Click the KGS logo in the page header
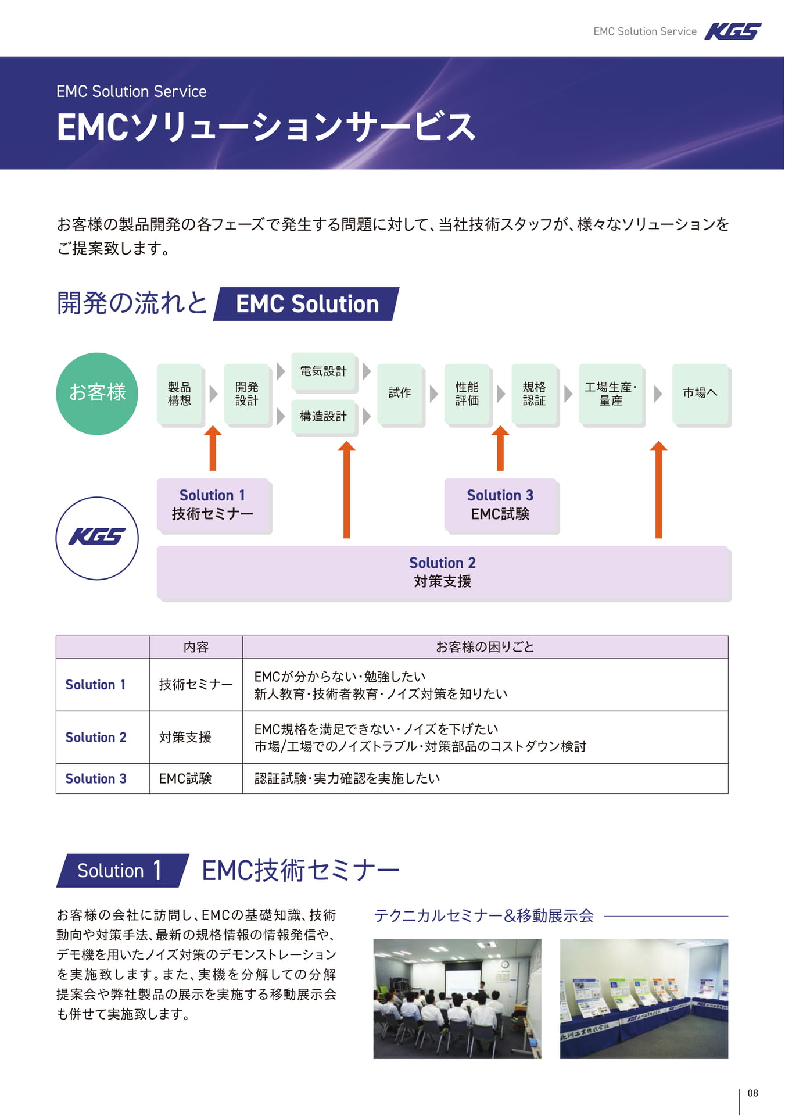pos(733,31)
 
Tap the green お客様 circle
pos(97,394)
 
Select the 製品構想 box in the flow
pos(180,394)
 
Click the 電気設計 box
pos(323,371)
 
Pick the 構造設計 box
pos(323,416)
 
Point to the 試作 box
pos(400,394)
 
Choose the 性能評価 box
pos(467,394)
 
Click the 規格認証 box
pos(535,394)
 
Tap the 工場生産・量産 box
pos(611,394)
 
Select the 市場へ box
pos(700,394)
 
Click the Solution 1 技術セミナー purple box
pos(213,505)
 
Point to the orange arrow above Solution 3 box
pos(500,448)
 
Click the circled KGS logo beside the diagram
pos(97,538)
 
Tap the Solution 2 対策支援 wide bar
pos(443,572)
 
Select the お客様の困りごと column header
pos(485,647)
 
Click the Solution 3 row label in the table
pos(96,778)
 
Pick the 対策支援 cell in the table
pos(185,737)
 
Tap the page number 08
pos(753,1093)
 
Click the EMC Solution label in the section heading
pos(307,304)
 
